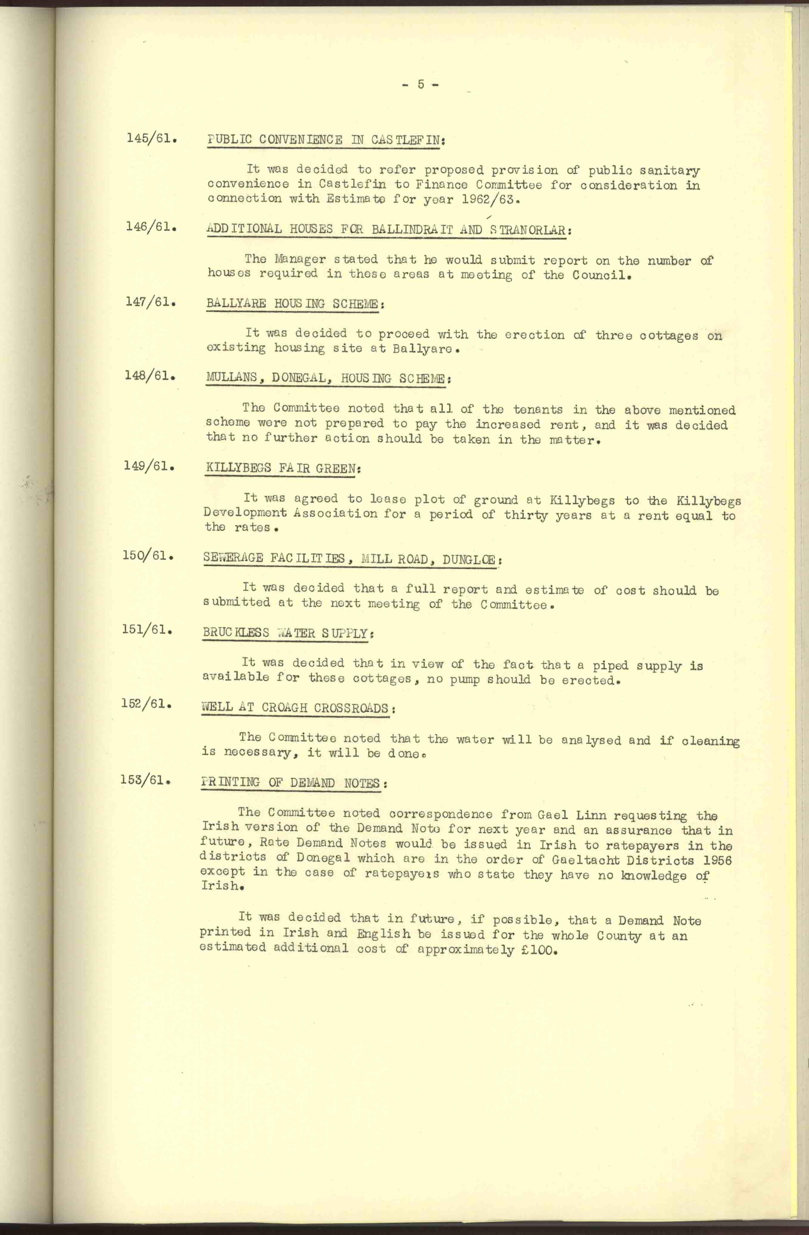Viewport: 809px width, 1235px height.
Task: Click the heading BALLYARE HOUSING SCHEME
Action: click(294, 304)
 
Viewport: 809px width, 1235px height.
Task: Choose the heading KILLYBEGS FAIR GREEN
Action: click(282, 468)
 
